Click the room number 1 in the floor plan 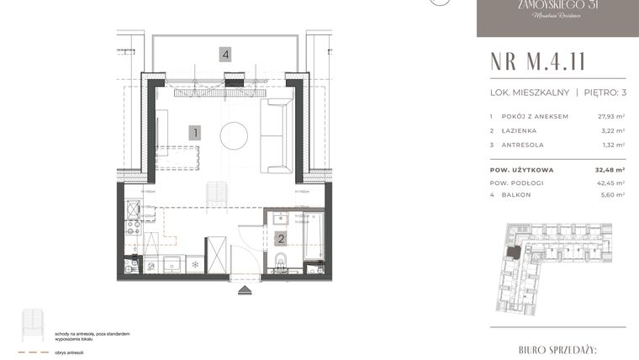194,132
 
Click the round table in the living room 234,135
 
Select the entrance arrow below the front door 245,291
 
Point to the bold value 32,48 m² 610,168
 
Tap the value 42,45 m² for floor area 610,182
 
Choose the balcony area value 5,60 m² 611,194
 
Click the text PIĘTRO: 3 603,92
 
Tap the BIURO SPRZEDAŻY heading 557,347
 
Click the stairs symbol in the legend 33,323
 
